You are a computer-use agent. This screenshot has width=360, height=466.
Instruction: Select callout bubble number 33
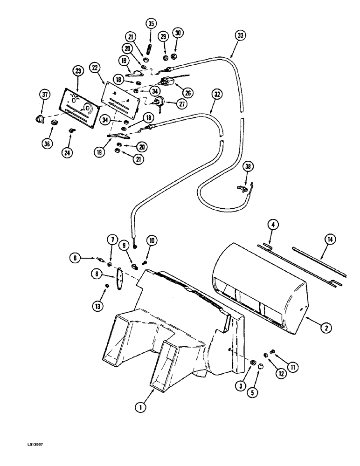point(240,35)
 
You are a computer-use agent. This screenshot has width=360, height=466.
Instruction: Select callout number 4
point(273,226)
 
